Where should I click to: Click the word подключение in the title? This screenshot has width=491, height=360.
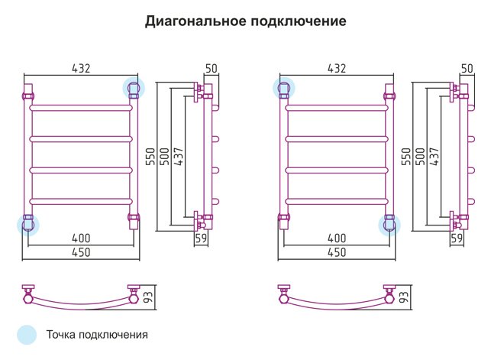click(299, 21)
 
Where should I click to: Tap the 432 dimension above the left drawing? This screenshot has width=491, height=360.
click(81, 68)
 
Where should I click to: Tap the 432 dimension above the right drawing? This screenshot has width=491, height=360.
click(337, 68)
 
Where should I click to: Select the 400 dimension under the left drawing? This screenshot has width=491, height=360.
click(81, 238)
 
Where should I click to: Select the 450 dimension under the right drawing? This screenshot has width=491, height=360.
click(337, 252)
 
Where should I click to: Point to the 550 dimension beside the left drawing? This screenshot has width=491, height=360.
click(150, 157)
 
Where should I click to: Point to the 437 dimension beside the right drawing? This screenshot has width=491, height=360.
click(434, 157)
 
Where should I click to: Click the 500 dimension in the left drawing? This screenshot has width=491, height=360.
click(164, 157)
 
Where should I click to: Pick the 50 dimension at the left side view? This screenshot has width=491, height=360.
click(212, 68)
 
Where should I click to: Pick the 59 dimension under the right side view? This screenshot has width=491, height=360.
click(457, 238)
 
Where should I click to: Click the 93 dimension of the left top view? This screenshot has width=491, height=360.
click(148, 297)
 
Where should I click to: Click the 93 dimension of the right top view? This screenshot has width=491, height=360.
click(404, 297)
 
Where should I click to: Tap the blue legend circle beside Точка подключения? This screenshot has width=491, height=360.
click(27, 335)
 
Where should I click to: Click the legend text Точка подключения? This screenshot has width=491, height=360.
click(97, 335)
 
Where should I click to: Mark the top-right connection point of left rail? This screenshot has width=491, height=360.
click(134, 88)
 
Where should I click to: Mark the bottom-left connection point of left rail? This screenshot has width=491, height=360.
click(27, 225)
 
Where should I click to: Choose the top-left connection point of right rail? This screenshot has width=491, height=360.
click(284, 88)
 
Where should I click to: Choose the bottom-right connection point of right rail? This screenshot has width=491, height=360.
click(389, 225)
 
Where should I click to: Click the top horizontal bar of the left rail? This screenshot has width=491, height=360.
click(81, 108)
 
